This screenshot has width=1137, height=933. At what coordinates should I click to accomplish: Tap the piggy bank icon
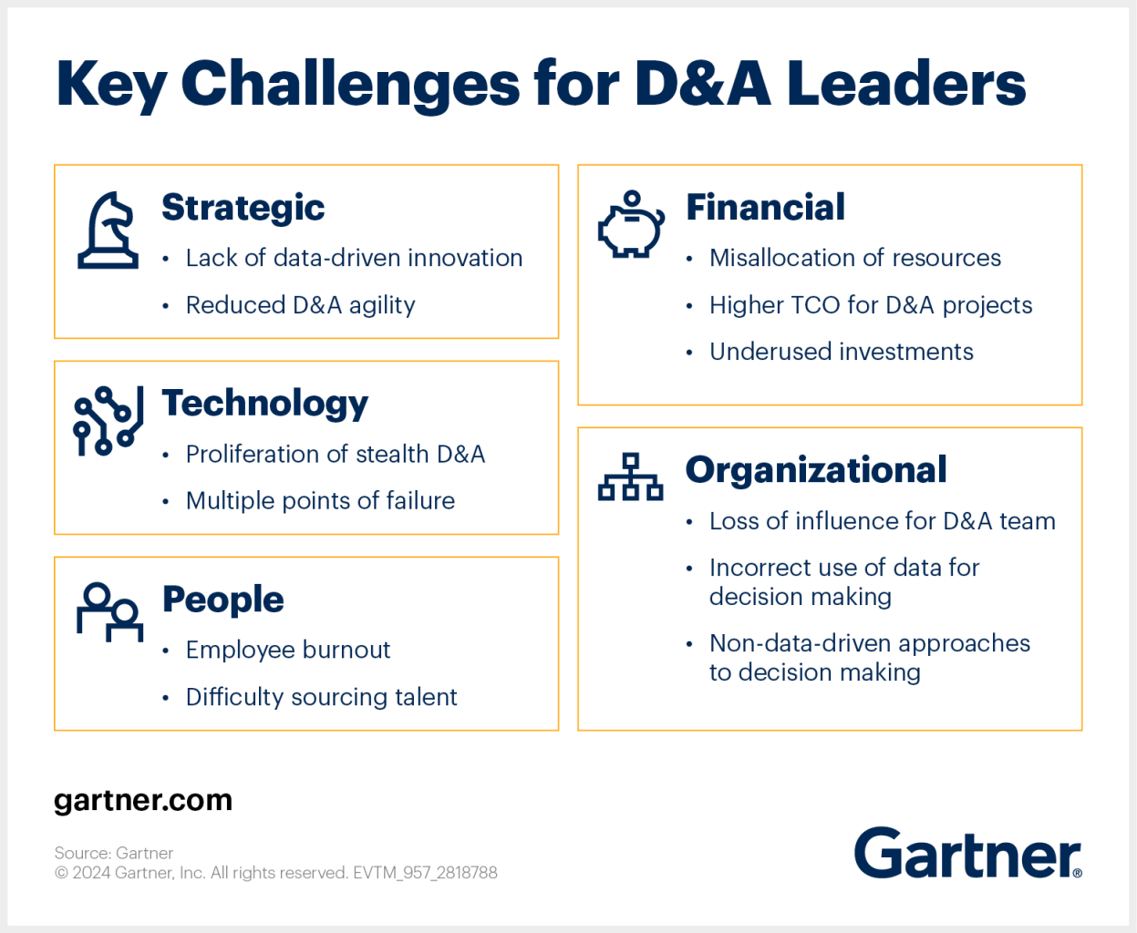[x=631, y=224]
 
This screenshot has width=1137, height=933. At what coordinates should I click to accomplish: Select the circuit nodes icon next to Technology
[x=109, y=421]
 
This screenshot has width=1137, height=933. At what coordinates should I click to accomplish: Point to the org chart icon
[x=630, y=477]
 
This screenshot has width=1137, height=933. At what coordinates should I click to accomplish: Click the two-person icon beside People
[x=110, y=612]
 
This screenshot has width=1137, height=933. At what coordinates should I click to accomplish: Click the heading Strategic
[x=243, y=208]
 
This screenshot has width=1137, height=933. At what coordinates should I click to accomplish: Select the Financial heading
[x=766, y=207]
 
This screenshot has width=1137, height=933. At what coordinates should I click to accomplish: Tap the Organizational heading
[x=816, y=470]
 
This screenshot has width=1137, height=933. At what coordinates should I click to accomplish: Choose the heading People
[x=223, y=600]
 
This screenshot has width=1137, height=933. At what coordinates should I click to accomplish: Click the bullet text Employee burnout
[x=288, y=650]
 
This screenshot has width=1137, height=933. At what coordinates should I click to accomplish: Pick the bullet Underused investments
[x=841, y=352]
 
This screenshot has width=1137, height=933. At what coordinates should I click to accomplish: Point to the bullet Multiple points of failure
[x=320, y=501]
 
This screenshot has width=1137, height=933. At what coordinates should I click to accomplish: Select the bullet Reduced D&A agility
[x=300, y=305]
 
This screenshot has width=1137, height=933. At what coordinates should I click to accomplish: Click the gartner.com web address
[x=143, y=801]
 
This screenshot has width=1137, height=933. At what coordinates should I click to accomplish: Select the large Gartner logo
[x=968, y=853]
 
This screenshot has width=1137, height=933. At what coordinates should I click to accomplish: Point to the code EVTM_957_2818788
[x=425, y=873]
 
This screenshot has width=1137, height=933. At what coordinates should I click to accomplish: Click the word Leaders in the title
[x=906, y=84]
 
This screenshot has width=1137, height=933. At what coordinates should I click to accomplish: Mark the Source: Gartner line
[x=114, y=853]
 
